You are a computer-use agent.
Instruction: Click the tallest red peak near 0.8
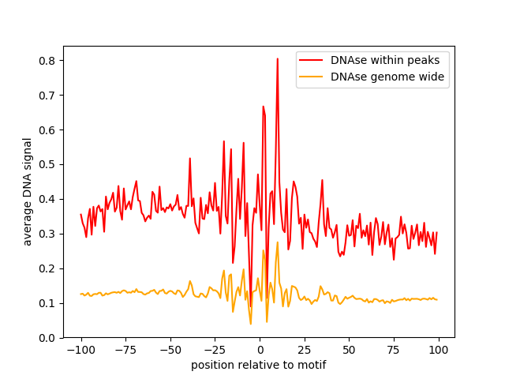tap(277, 58)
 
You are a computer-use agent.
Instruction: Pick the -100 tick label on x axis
tap(80, 350)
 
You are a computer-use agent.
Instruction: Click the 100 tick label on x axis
tap(439, 350)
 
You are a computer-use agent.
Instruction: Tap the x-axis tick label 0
tap(260, 350)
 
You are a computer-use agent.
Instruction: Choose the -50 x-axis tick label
tap(170, 350)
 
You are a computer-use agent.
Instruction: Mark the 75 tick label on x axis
tap(394, 350)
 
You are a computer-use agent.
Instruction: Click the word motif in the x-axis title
tap(311, 365)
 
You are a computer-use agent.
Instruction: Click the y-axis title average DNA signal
tap(28, 191)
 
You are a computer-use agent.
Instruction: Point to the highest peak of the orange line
tap(277, 242)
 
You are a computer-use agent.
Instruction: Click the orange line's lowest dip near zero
tap(251, 324)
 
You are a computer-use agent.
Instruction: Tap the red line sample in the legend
tap(312, 59)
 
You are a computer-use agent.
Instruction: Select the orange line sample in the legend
tap(312, 77)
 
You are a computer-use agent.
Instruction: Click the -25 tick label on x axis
tap(215, 350)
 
